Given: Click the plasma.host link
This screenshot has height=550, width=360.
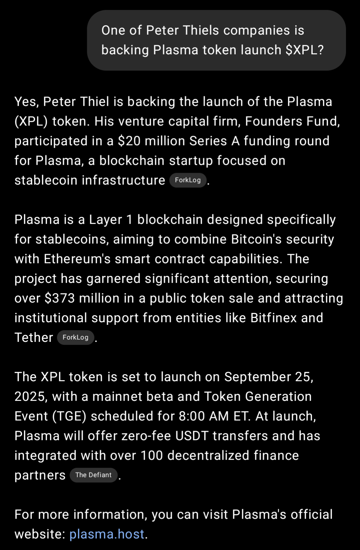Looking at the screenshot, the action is [x=107, y=534].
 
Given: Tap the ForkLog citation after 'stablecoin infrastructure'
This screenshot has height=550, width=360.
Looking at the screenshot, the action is [x=188, y=180].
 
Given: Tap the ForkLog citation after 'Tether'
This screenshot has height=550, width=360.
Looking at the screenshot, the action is [x=76, y=337].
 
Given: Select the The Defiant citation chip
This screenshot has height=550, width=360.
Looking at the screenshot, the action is [x=93, y=475].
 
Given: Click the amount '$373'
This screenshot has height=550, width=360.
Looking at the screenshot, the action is [x=60, y=298].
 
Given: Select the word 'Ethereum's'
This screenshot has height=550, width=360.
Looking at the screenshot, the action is [x=77, y=259].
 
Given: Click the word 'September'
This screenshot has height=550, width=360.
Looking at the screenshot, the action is [x=258, y=377].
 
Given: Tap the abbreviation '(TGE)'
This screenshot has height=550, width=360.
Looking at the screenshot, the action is [x=69, y=416].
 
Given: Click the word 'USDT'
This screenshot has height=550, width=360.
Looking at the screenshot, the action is [x=192, y=436].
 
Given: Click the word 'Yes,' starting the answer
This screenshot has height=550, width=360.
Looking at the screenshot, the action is [x=27, y=102].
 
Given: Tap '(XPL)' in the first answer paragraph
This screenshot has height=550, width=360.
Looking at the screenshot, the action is [x=31, y=121].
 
